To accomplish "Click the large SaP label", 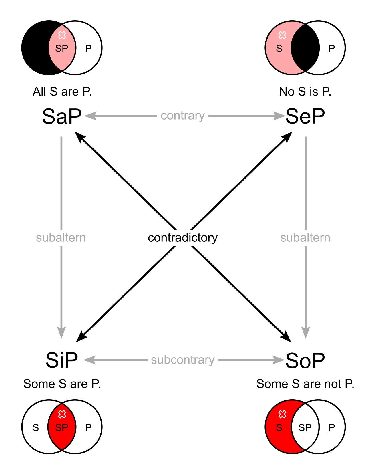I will [x=62, y=116].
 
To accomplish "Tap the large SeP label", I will [x=305, y=116].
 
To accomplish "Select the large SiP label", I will [x=62, y=360].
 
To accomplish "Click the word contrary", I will [x=183, y=116].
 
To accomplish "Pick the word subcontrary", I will [x=183, y=360].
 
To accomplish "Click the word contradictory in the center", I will [x=183, y=237].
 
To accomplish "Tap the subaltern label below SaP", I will [x=61, y=238].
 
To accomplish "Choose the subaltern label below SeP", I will [x=305, y=238].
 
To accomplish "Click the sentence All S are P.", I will [x=62, y=92].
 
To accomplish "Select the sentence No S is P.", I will [x=305, y=92].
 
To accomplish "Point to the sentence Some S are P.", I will [x=62, y=384].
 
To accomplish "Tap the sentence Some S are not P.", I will [x=305, y=384].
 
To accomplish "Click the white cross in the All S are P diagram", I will [x=62, y=35].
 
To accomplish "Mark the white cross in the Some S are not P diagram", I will [x=282, y=414].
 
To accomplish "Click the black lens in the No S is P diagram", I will [x=305, y=48].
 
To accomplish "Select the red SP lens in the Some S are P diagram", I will [x=62, y=432].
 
